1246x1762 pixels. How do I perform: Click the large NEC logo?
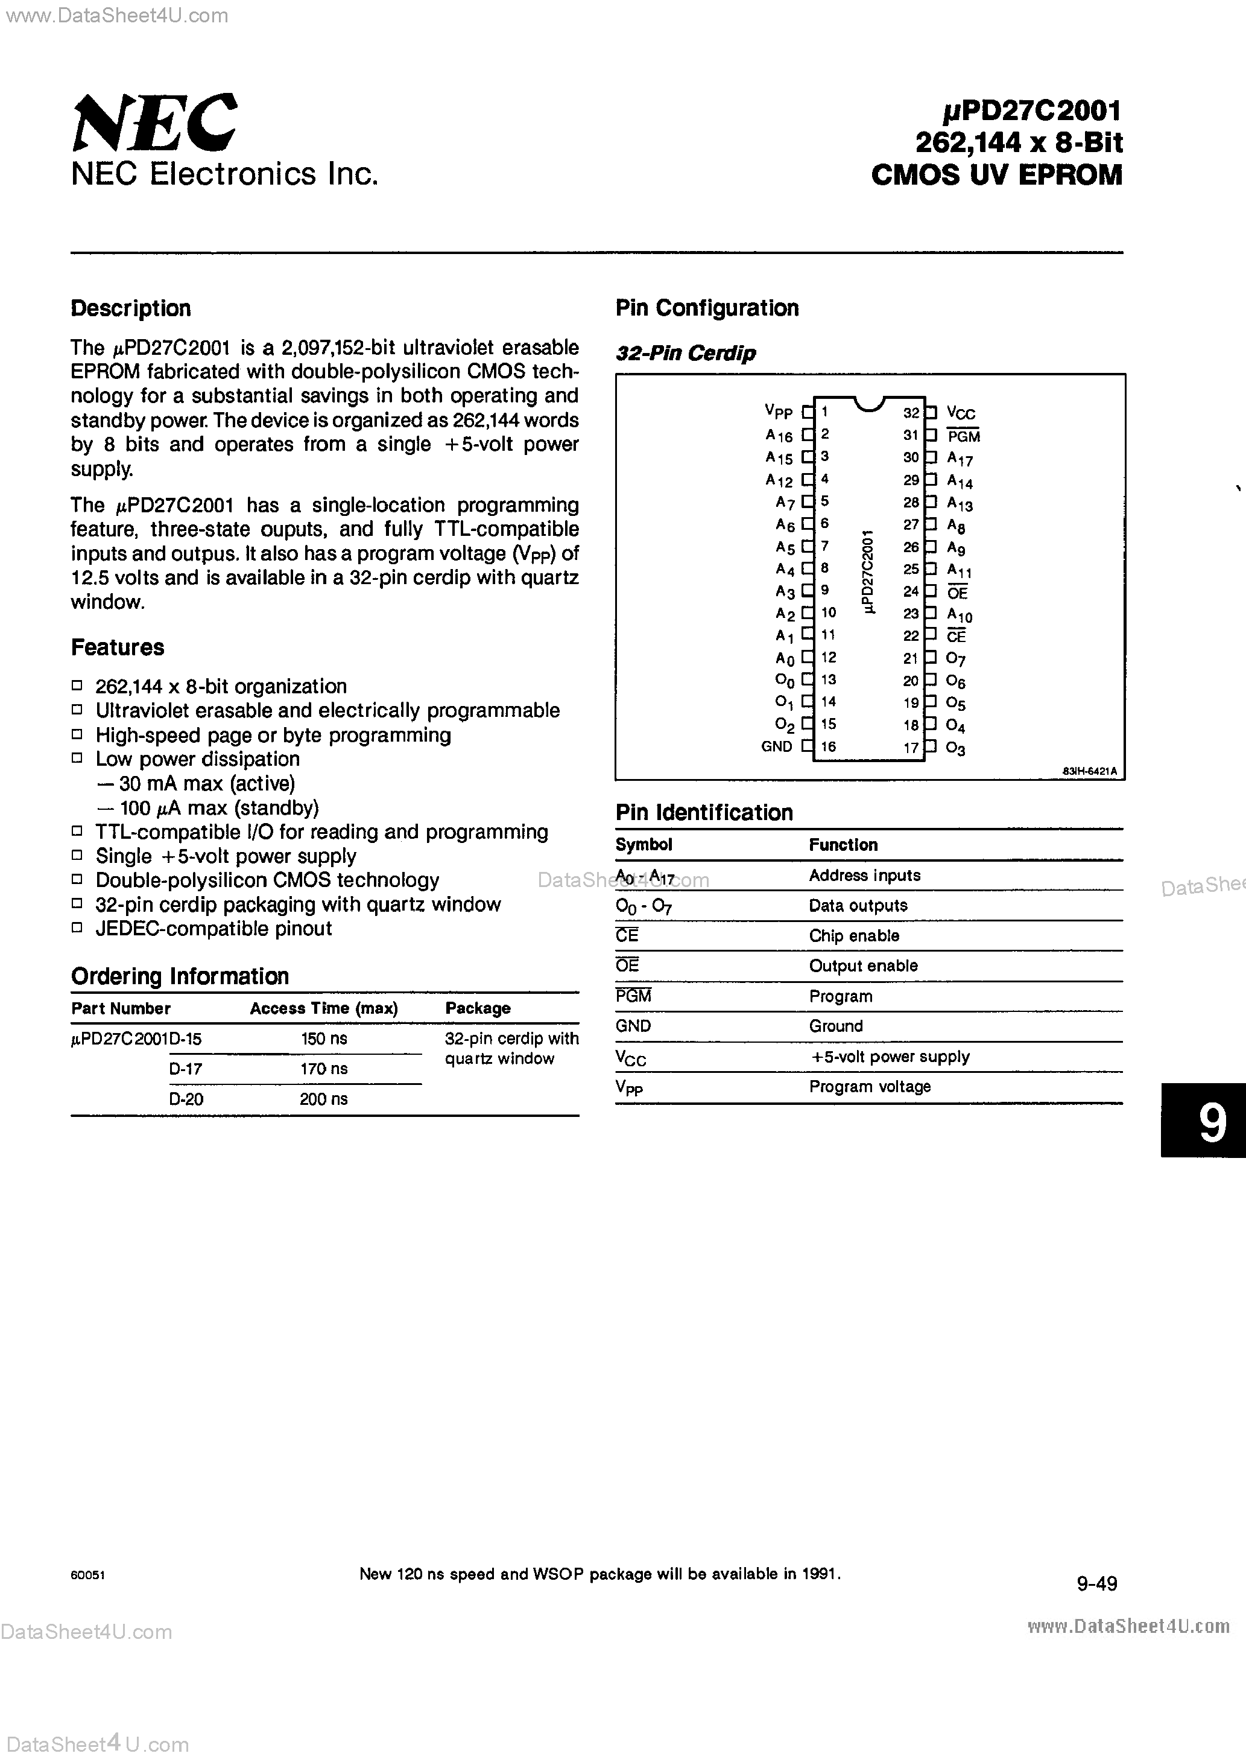click(x=153, y=122)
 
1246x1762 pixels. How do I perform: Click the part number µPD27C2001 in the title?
click(x=1032, y=111)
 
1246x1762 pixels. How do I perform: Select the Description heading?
click(x=130, y=308)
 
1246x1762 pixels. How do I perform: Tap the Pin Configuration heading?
click(x=707, y=308)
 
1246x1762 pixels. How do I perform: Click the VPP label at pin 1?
click(x=778, y=412)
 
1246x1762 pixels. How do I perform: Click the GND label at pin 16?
click(x=776, y=746)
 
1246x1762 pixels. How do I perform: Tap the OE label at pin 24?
click(x=958, y=593)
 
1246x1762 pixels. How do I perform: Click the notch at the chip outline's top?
click(x=869, y=404)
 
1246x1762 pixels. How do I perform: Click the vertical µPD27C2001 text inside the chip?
click(x=868, y=571)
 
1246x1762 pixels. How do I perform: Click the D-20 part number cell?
click(x=186, y=1099)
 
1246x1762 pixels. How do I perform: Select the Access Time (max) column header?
click(x=323, y=1008)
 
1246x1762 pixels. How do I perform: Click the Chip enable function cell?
click(x=853, y=935)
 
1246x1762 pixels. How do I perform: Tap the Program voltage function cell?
click(x=869, y=1087)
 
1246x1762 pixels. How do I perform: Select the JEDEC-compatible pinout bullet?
click(x=213, y=929)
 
